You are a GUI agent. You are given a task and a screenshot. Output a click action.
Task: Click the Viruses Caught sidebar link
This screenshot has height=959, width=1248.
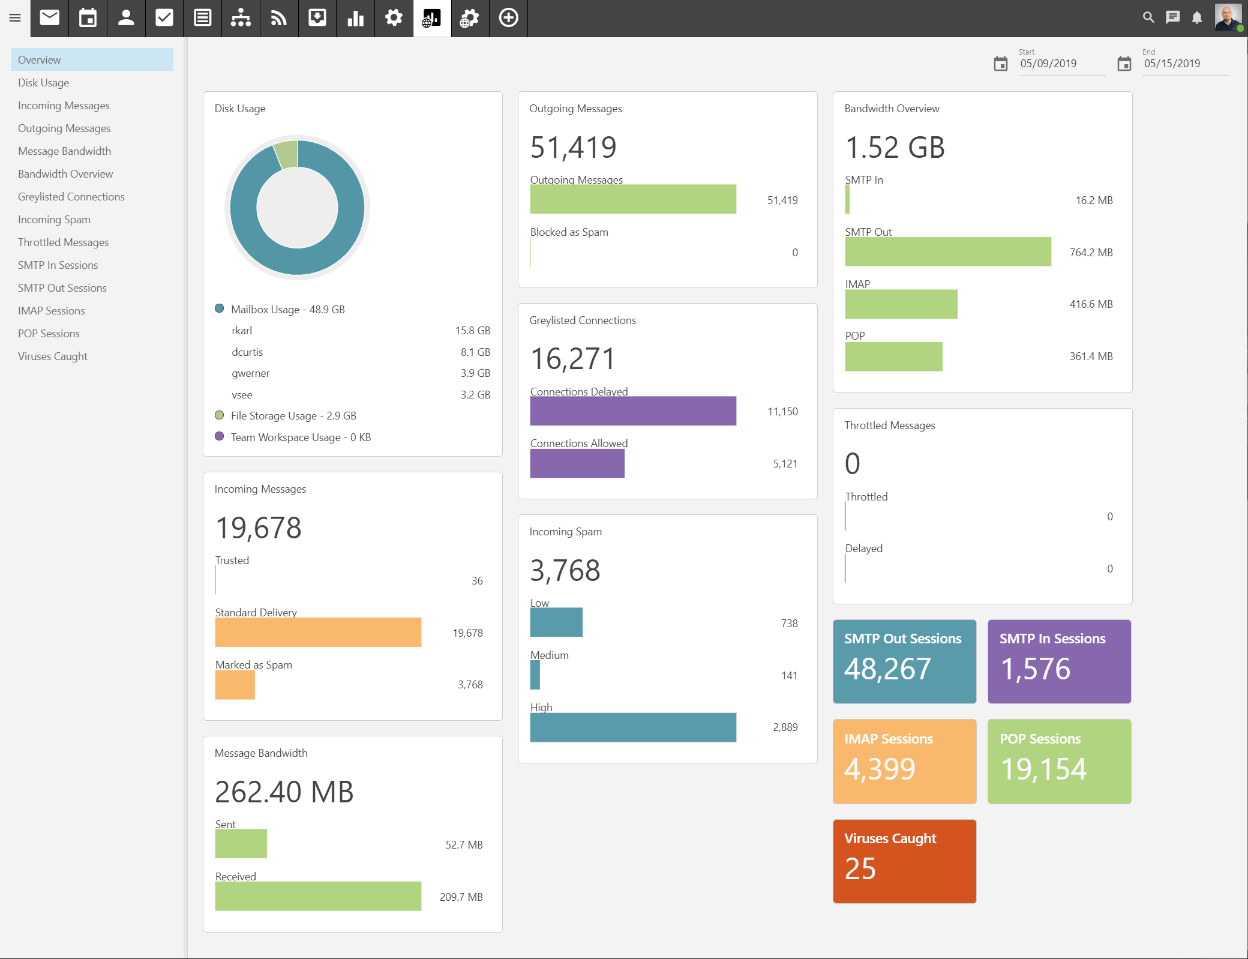pyautogui.click(x=53, y=356)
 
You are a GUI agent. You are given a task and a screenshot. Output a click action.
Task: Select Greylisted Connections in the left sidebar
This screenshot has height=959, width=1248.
pyautogui.click(x=71, y=197)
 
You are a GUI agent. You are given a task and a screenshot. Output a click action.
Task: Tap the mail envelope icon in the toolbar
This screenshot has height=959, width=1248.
pyautogui.click(x=50, y=18)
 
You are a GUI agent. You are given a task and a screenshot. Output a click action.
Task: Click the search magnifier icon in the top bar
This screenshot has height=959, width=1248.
pyautogui.click(x=1148, y=17)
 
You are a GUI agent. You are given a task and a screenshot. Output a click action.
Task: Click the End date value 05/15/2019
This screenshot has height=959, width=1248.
pyautogui.click(x=1172, y=64)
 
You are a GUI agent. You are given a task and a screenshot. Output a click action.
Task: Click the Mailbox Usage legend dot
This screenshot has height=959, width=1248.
pyautogui.click(x=220, y=308)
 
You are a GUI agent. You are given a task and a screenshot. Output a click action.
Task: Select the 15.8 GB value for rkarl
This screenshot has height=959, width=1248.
pyautogui.click(x=472, y=331)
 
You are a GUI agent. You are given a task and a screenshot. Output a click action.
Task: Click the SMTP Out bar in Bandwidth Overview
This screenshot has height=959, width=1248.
pyautogui.click(x=947, y=251)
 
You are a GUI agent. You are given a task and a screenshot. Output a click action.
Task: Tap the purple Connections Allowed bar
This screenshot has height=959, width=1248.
pyautogui.click(x=577, y=463)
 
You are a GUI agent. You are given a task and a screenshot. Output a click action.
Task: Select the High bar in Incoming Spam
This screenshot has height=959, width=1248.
pyautogui.click(x=632, y=727)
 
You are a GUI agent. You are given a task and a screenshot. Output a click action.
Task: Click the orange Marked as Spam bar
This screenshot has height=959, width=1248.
pyautogui.click(x=235, y=685)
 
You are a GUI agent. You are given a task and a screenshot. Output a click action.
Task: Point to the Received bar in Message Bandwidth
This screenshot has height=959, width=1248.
pyautogui.click(x=318, y=896)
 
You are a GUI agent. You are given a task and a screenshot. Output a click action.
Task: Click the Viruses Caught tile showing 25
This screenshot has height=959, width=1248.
pyautogui.click(x=904, y=861)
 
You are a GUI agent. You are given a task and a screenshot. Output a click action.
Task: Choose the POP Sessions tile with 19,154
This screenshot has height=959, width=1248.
pyautogui.click(x=1059, y=761)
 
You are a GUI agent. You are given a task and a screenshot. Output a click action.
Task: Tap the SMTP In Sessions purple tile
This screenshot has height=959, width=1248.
pyautogui.click(x=1059, y=661)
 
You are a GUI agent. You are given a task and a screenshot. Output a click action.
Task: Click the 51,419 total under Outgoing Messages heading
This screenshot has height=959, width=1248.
pyautogui.click(x=573, y=147)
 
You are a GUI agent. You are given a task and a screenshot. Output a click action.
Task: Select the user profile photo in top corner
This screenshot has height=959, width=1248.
pyautogui.click(x=1227, y=17)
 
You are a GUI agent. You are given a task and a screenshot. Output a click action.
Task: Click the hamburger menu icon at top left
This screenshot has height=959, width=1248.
pyautogui.click(x=15, y=18)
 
